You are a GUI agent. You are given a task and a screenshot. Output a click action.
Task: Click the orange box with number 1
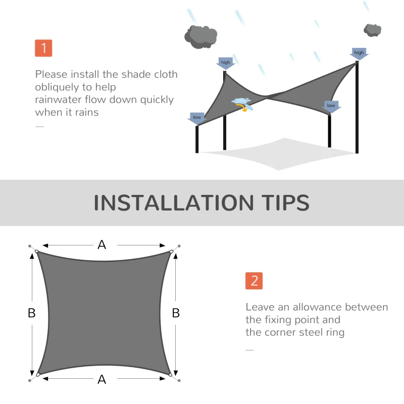44,48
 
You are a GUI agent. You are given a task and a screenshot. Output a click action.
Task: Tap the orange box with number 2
254,281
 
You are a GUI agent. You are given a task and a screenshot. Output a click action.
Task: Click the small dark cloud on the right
373,30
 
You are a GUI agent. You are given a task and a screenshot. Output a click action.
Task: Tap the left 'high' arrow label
225,63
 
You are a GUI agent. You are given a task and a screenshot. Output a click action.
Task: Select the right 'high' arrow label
359,53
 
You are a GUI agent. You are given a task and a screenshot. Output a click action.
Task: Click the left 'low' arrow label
196,118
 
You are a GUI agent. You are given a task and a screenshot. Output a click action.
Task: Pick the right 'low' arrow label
331,106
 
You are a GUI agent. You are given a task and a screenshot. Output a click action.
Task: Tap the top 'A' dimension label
102,245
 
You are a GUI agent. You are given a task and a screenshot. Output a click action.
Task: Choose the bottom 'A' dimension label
102,379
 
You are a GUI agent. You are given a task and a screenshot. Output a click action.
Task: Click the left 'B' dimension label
31,313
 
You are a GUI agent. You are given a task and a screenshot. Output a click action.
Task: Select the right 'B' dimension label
176,313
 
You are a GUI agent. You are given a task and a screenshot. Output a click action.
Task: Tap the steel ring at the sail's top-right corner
172,251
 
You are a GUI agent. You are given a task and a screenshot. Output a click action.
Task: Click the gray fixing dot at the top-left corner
29,246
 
